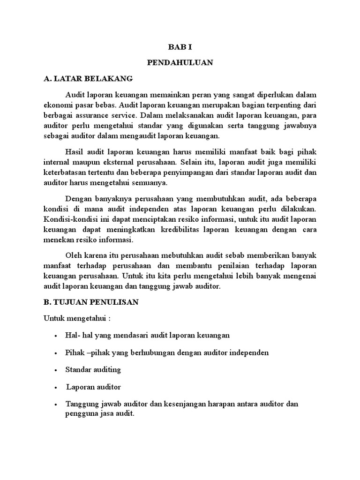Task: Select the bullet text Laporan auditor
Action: point(94,387)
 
